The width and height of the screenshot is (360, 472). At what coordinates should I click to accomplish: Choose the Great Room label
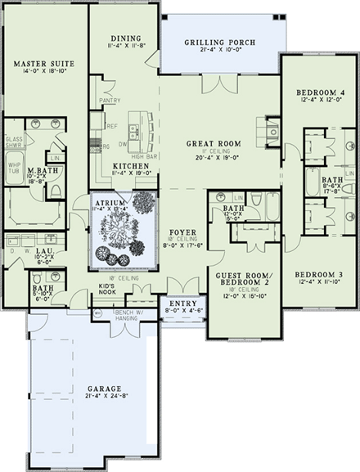coord(214,144)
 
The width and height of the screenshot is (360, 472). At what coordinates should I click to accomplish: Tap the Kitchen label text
coord(129,165)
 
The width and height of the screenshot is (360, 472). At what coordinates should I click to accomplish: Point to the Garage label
coord(106,389)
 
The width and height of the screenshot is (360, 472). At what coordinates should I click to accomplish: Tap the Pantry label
coord(110,101)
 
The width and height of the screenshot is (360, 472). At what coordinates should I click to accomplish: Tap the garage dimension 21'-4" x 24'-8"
coord(106,398)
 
